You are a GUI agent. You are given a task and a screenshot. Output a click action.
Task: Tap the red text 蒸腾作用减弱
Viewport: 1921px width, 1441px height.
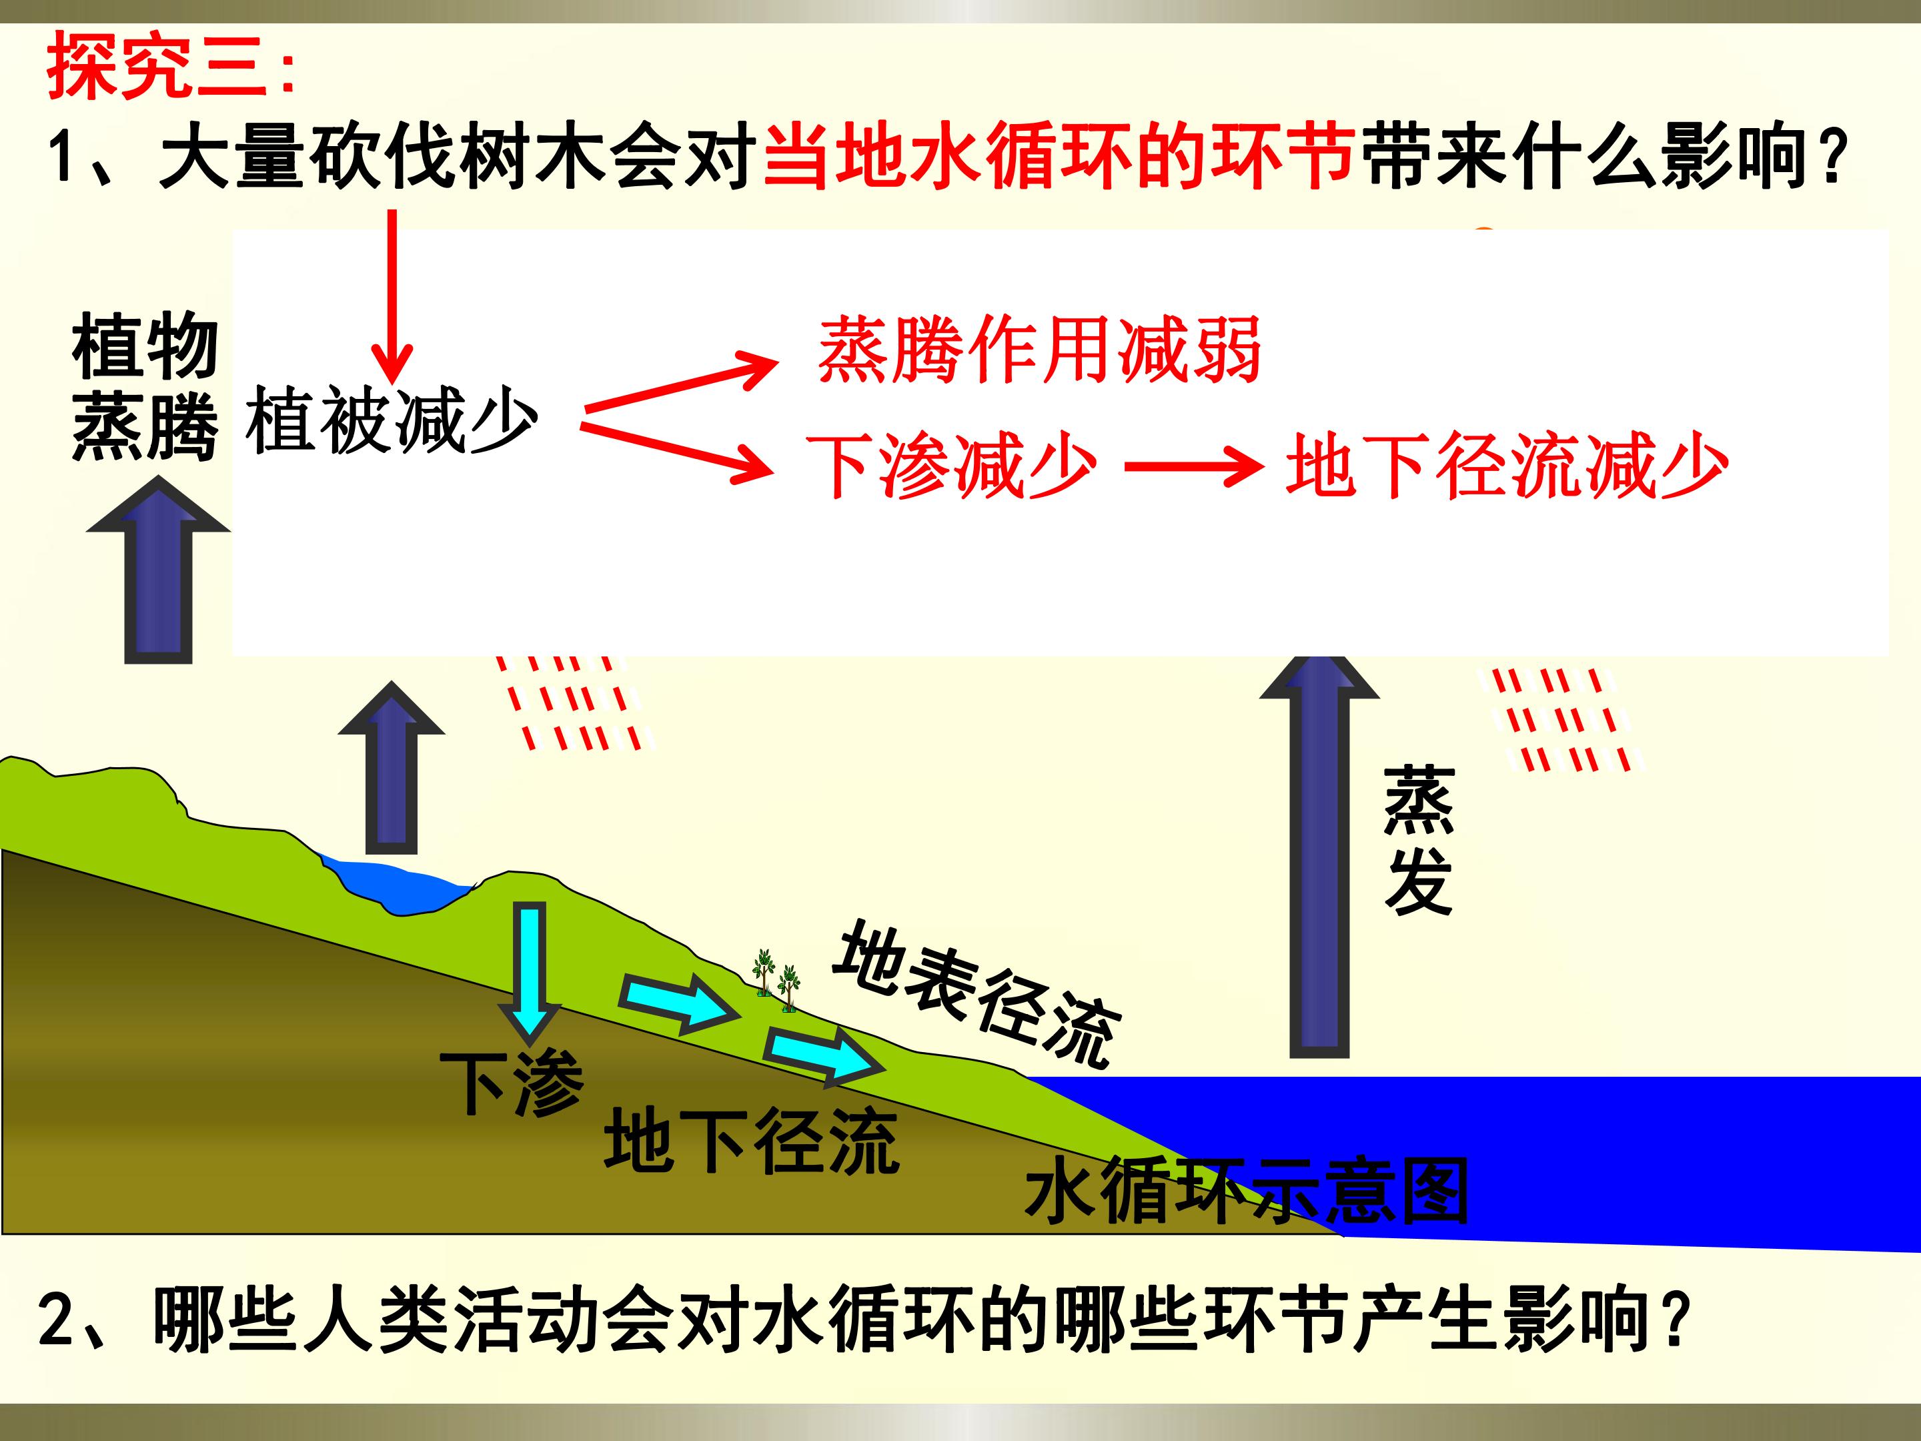1039,350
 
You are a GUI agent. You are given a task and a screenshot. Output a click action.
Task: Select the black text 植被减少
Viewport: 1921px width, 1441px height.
392,421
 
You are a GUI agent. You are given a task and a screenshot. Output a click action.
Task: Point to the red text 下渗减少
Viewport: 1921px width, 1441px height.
952,466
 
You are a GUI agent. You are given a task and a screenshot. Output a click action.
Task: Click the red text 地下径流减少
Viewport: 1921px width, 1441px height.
1507,466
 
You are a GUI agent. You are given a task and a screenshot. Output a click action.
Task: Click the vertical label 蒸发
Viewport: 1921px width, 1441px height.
1418,841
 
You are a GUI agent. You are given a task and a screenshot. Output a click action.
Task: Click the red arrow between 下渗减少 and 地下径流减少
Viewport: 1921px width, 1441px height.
1194,467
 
